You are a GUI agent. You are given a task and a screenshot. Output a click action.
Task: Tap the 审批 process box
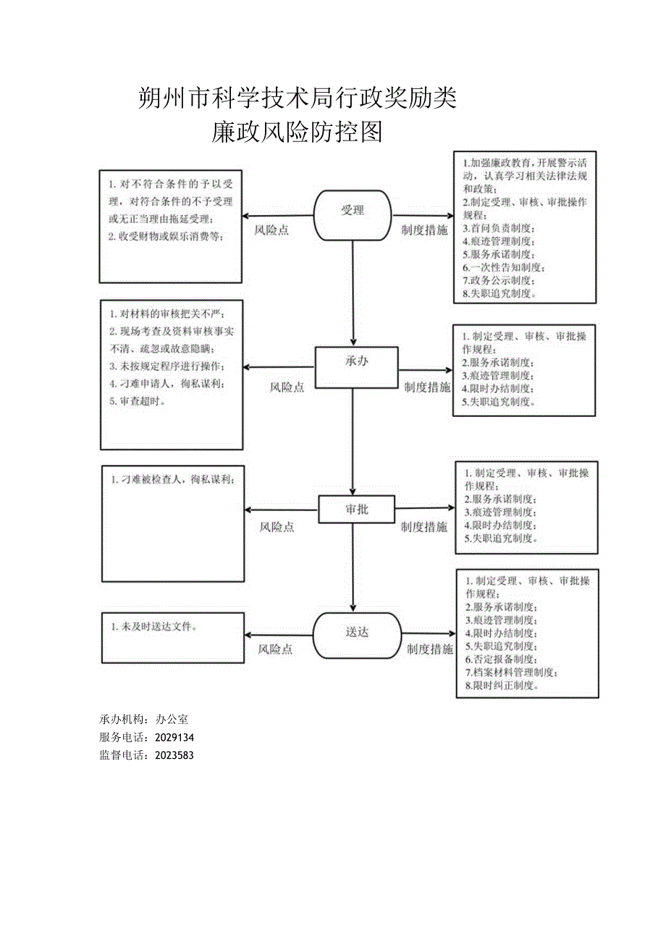(356, 509)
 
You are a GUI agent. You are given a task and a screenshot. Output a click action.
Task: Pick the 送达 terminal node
(356, 632)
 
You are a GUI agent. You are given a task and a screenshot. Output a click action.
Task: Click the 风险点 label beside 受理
(271, 230)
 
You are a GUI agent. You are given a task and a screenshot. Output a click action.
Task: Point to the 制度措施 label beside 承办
(426, 387)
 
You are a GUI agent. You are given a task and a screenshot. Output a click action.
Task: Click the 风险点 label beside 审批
(277, 527)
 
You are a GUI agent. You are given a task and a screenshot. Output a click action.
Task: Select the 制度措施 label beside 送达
(429, 649)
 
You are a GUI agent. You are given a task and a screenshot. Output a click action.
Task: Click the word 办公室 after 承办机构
(172, 719)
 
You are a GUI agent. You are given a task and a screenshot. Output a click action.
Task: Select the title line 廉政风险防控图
(296, 131)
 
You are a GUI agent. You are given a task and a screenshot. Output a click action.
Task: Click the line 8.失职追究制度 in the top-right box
(499, 293)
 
